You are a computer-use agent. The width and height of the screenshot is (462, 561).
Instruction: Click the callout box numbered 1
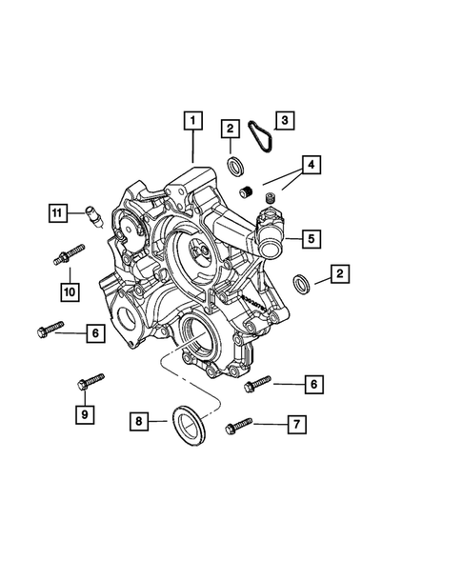click(x=193, y=121)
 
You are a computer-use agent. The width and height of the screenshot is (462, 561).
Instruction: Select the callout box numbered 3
click(x=285, y=120)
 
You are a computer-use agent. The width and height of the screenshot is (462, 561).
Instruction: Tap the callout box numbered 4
click(x=311, y=165)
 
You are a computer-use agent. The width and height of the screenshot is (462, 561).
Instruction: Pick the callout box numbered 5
click(x=311, y=239)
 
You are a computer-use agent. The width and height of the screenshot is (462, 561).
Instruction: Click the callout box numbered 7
click(x=296, y=425)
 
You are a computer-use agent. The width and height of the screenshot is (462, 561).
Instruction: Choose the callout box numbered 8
click(x=139, y=421)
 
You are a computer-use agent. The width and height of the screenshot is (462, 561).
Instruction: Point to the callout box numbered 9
click(x=85, y=414)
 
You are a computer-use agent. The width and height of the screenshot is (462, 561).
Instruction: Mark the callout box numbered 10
click(x=70, y=292)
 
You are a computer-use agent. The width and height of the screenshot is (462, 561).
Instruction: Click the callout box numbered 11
click(x=58, y=213)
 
